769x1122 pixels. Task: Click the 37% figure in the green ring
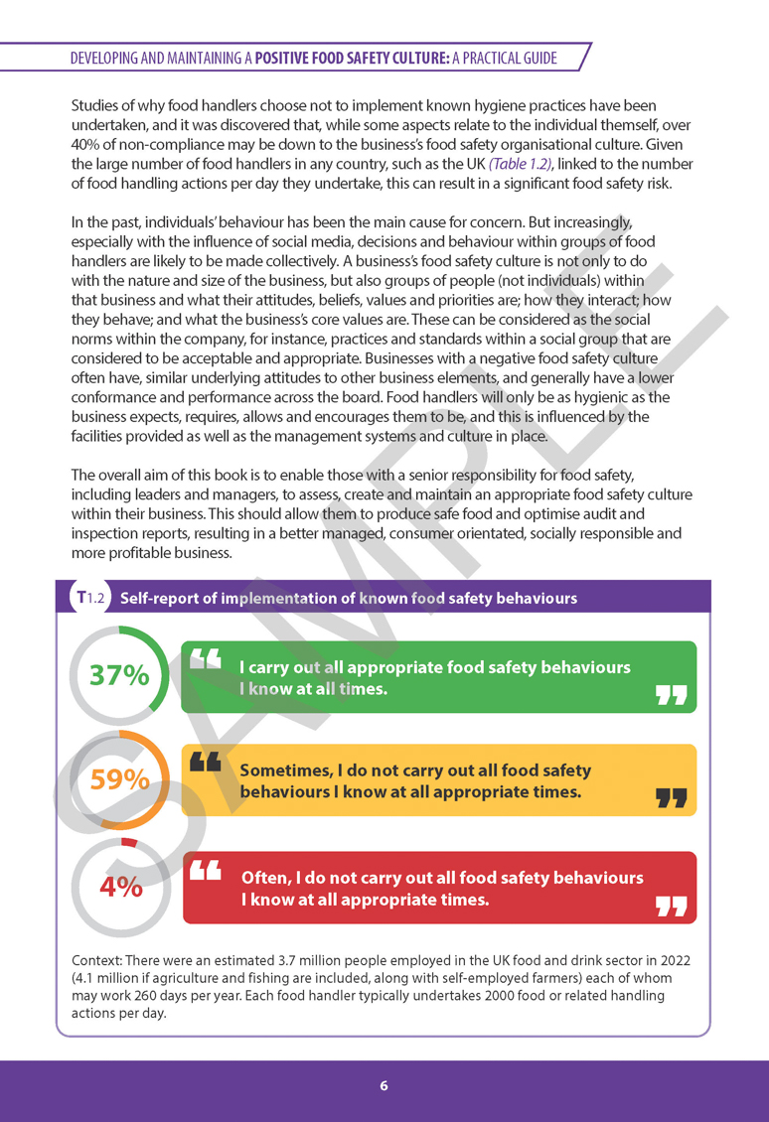[x=119, y=675]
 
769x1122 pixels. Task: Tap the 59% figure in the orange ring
[x=119, y=780]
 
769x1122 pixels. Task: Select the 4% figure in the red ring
[x=121, y=887]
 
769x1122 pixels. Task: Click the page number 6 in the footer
[x=384, y=1085]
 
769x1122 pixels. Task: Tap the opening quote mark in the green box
[x=206, y=658]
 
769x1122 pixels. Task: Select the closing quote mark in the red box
[x=672, y=905]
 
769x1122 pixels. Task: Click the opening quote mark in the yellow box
[x=205, y=762]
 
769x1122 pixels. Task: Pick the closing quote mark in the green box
[x=672, y=694]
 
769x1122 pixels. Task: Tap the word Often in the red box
[x=265, y=878]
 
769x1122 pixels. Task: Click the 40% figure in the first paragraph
[x=89, y=145]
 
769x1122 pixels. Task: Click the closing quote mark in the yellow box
[x=672, y=797]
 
